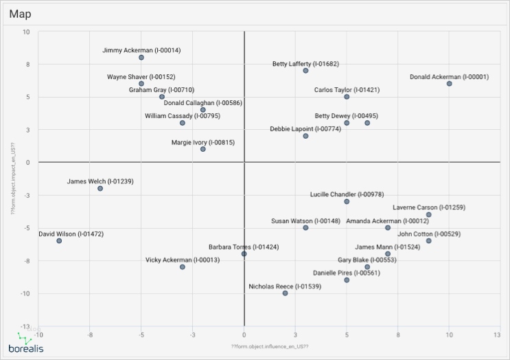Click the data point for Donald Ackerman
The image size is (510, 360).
tap(449, 84)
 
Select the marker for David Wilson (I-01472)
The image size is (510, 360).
tap(59, 241)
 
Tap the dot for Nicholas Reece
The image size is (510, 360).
tap(285, 293)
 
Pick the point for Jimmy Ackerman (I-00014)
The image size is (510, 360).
tap(141, 58)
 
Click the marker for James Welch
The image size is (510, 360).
tap(100, 188)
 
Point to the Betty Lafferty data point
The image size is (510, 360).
tap(305, 71)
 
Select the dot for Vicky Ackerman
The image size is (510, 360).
tap(183, 267)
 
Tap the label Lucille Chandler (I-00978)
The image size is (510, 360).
tap(347, 194)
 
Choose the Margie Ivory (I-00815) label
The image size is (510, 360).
tap(203, 142)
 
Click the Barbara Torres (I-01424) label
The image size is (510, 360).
tap(244, 247)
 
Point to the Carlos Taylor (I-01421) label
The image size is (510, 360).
tap(347, 89)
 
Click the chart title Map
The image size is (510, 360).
tap(21, 14)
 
